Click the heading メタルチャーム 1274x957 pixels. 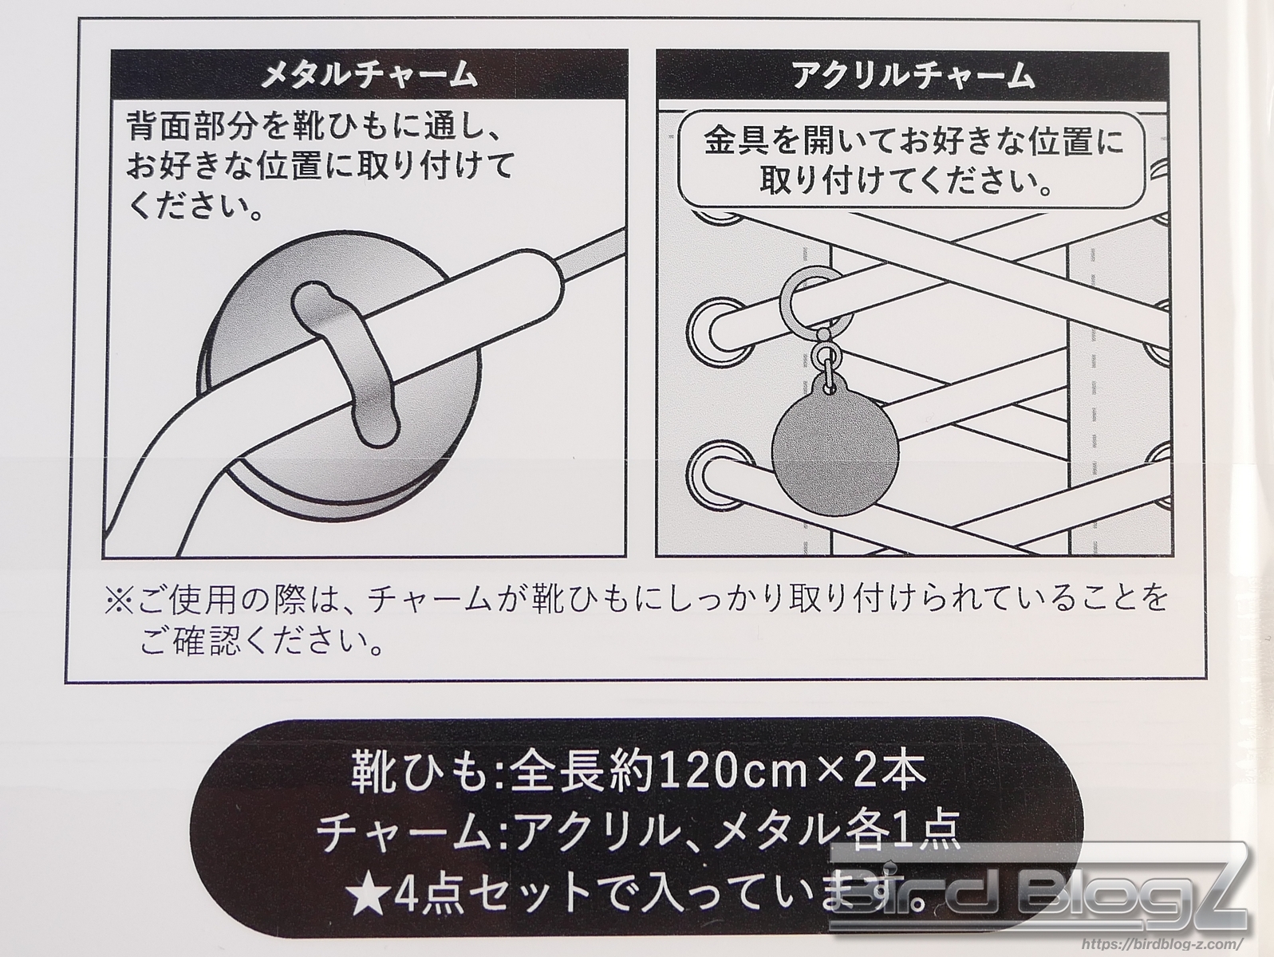tap(369, 76)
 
